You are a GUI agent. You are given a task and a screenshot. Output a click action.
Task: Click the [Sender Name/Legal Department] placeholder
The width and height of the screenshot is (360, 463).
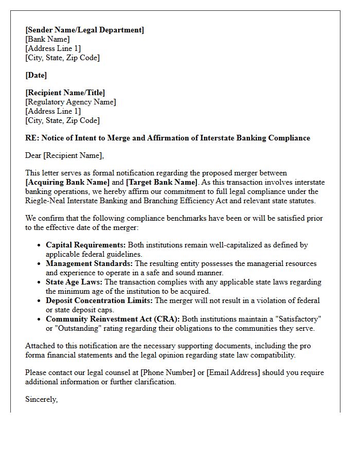coord(85,30)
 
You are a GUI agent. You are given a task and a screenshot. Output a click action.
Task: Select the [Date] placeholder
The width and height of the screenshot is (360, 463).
coord(36,75)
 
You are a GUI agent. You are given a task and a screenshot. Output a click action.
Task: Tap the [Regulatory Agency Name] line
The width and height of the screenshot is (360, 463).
coord(70,102)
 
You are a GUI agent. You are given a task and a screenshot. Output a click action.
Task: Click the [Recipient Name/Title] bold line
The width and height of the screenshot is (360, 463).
coord(65,93)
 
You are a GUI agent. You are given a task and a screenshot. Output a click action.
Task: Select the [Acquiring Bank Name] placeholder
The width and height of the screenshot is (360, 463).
coord(67,182)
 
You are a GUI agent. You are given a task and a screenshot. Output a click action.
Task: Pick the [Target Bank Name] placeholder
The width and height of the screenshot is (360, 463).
coord(161,182)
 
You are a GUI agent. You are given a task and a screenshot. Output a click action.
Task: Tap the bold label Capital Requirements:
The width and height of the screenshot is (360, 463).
coord(86,245)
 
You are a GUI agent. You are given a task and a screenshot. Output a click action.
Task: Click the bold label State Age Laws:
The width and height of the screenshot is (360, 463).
coord(74,282)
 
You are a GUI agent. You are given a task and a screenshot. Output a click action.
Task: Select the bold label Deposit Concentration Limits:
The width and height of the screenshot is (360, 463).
coord(99,300)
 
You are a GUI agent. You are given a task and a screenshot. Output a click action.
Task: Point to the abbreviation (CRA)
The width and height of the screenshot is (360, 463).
coord(168,319)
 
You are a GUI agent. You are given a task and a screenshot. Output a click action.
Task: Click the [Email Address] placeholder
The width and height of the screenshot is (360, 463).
coord(235,372)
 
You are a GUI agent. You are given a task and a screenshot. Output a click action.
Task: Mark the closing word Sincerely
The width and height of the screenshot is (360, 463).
coord(41,399)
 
